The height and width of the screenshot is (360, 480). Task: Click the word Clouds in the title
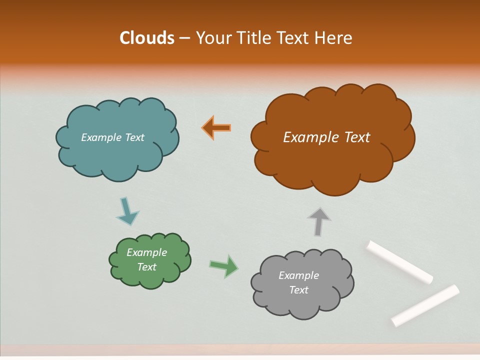[147, 38]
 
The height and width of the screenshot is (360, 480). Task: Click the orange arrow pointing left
[217, 127]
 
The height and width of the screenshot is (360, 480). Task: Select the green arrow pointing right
[224, 265]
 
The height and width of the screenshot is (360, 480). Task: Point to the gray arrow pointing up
[318, 221]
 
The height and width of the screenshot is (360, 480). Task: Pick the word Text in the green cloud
[147, 267]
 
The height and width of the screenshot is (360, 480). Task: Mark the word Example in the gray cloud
[298, 275]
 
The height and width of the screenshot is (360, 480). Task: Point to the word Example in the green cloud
[147, 252]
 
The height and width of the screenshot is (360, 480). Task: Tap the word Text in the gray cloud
[298, 290]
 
